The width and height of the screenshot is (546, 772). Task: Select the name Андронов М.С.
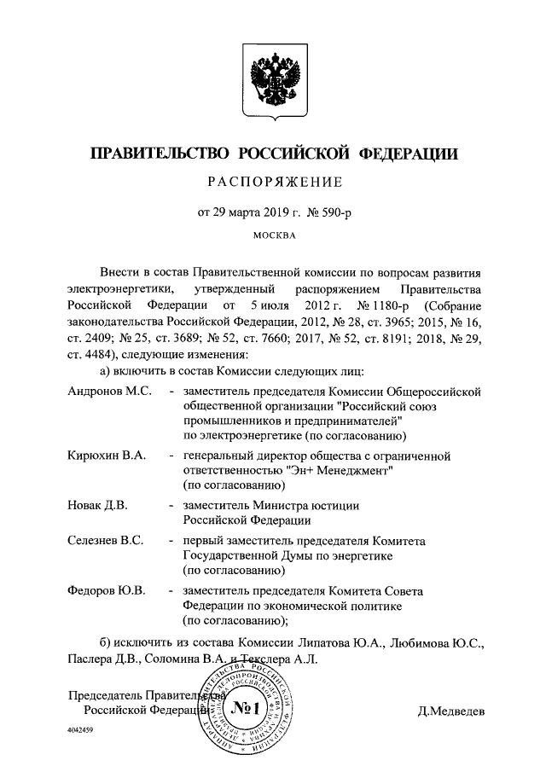click(109, 391)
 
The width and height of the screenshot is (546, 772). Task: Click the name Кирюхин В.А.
click(107, 456)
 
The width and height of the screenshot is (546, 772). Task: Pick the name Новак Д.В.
click(97, 506)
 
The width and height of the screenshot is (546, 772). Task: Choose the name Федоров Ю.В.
click(106, 590)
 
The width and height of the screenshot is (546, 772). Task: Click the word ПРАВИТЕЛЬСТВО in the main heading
click(157, 154)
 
